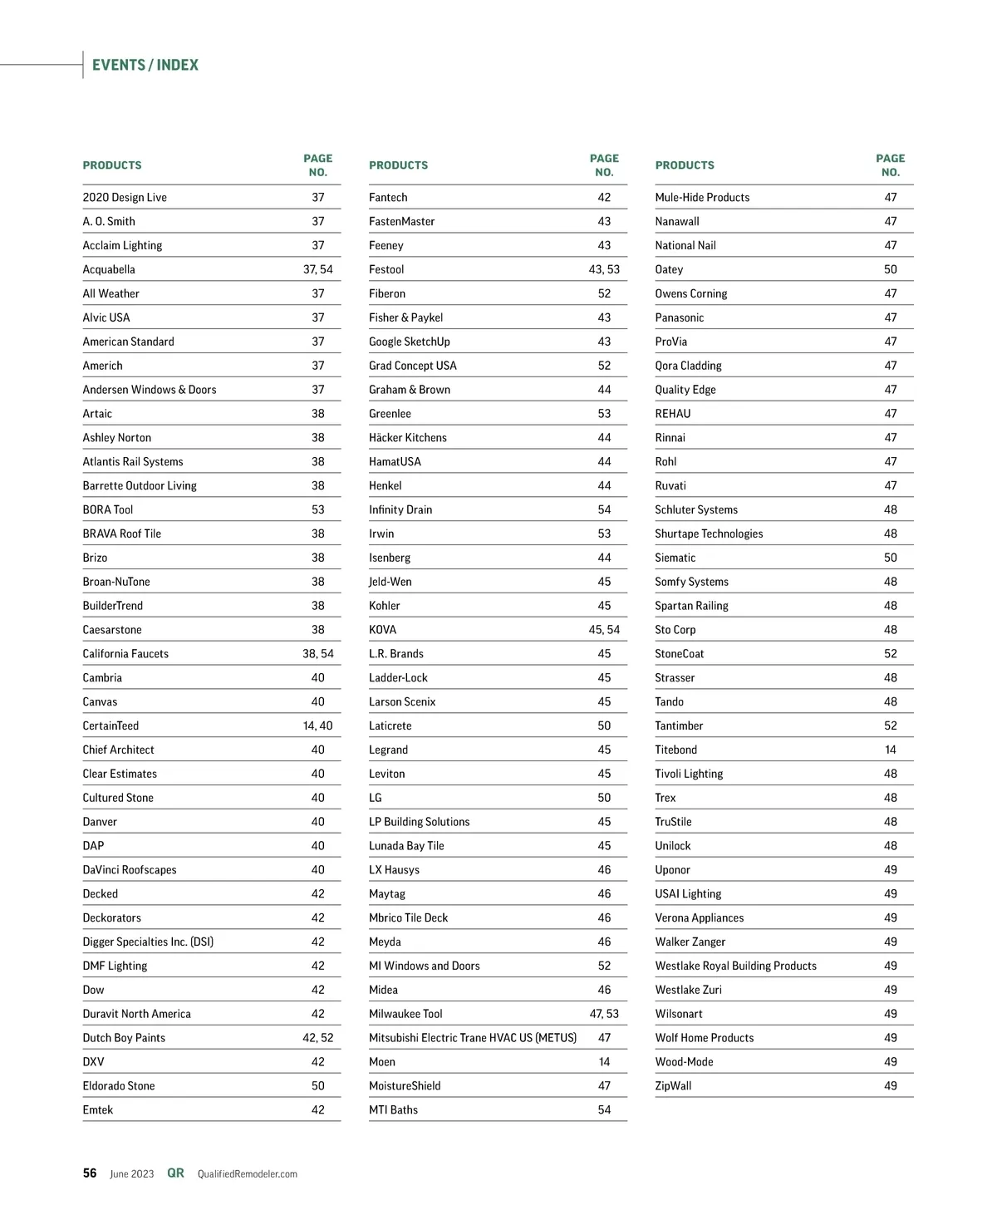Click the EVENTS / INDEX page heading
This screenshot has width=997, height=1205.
[145, 65]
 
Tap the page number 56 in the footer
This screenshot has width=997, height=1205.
[90, 1173]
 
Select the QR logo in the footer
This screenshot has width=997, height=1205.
[175, 1173]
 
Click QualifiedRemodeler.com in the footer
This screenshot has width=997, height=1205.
[247, 1174]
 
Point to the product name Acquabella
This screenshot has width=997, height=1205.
[109, 269]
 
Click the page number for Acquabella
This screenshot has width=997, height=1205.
[317, 269]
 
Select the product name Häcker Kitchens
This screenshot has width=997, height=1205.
[407, 438]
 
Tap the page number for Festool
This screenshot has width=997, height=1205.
[604, 269]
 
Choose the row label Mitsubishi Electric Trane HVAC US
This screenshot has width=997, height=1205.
[472, 1038]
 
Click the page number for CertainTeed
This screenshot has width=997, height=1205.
[317, 725]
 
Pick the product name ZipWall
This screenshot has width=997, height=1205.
[673, 1086]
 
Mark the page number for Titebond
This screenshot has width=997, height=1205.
[891, 750]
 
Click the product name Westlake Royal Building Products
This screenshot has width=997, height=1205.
[735, 966]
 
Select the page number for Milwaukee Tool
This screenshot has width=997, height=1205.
[604, 1014]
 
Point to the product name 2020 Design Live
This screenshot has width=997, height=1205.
[125, 198]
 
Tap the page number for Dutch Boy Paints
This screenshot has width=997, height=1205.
[317, 1038]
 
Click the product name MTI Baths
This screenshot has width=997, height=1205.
[393, 1110]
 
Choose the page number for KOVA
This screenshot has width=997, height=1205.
[604, 630]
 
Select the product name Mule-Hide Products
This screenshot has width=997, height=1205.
[702, 198]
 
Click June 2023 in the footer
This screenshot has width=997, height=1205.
[132, 1174]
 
